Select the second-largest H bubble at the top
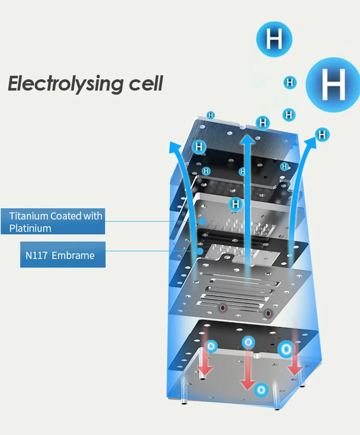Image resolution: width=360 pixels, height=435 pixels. click(x=274, y=39)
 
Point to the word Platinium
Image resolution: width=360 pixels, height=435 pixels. click(x=30, y=228)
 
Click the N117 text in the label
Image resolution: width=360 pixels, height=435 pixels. click(x=36, y=255)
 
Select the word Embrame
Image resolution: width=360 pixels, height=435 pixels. click(x=73, y=255)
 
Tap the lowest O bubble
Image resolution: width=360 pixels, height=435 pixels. click(x=262, y=389)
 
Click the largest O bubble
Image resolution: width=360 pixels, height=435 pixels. click(x=285, y=348)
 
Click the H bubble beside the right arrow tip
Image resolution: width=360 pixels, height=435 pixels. click(x=323, y=134)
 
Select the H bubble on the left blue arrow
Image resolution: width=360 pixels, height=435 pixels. click(x=199, y=147)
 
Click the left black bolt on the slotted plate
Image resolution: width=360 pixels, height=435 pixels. click(x=222, y=308)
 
